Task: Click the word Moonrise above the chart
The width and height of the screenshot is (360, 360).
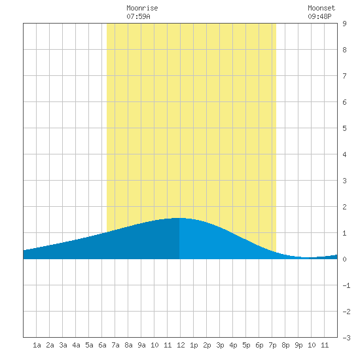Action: coord(142,8)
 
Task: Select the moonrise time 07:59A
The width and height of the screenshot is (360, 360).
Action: coord(138,16)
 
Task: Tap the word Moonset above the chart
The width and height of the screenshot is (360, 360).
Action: coord(321,8)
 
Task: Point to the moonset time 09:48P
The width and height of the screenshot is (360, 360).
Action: coord(319,16)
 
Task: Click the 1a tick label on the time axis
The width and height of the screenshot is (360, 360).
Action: coord(37,345)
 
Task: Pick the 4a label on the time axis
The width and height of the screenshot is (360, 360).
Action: coord(76,345)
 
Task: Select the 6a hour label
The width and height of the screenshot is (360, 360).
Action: coord(102,345)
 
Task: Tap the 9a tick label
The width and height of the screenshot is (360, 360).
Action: coord(141,345)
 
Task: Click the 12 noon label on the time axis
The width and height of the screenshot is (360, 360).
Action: coord(181,345)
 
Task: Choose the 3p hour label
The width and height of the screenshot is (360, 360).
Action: coord(220,345)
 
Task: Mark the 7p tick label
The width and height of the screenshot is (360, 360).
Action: coord(272,345)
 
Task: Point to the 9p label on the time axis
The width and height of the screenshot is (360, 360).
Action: coord(298,345)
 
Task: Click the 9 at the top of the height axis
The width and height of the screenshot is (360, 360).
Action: coord(344,24)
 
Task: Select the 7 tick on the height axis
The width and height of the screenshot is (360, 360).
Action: coord(344,76)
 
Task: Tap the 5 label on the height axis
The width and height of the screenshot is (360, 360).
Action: coord(344,128)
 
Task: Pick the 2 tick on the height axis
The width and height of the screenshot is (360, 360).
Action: coord(344,207)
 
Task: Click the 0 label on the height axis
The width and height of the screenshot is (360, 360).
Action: coord(344,259)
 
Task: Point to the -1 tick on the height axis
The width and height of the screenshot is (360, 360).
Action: coord(346,285)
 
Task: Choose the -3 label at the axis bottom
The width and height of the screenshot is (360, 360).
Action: coord(346,338)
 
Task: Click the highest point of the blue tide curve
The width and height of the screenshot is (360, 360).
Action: coord(179,218)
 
